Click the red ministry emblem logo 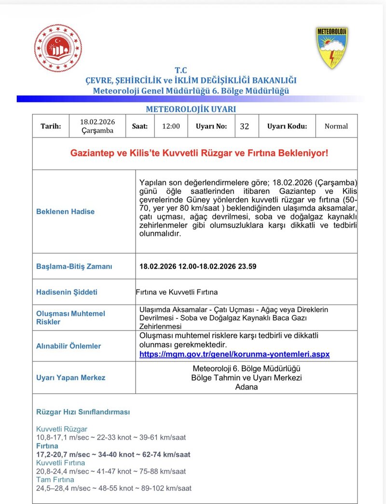[58, 48]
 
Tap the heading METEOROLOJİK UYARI [191, 109]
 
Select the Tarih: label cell [51, 126]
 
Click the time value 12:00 [171, 126]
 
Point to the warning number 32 [244, 126]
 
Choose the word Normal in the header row [336, 126]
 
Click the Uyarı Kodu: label [287, 126]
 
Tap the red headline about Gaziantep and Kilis [199, 153]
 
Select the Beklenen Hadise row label [66, 212]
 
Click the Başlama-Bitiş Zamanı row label [74, 266]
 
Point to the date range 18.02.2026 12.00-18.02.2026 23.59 [198, 266]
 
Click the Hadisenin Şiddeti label [67, 292]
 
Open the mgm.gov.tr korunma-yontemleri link [234, 354]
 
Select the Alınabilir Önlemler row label [69, 346]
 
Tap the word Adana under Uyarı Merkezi [247, 387]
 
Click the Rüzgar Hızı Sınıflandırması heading [83, 412]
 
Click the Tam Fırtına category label [55, 480]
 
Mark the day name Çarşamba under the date [97, 130]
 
